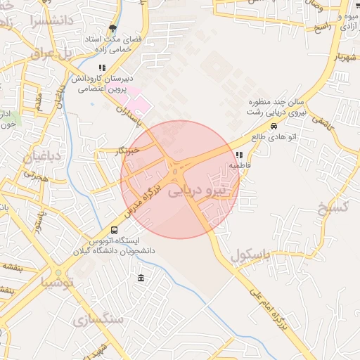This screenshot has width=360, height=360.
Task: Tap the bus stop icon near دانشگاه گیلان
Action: (115, 231)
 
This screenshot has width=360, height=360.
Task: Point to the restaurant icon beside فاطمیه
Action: (239, 155)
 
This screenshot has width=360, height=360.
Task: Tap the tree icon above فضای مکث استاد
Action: (112, 29)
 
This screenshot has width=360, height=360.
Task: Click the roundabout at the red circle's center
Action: (175, 172)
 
